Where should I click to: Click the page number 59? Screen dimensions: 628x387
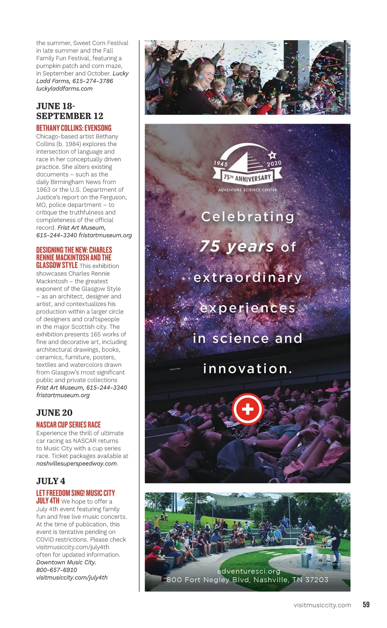coord(366,604)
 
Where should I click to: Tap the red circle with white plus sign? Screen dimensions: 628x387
coord(248,409)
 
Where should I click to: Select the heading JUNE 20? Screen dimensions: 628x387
coord(54,412)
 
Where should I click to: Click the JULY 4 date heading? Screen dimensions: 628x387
coord(51,481)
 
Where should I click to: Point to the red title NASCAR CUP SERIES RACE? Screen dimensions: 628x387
coord(68,425)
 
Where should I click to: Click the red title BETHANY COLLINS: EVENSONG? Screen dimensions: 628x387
coord(74,128)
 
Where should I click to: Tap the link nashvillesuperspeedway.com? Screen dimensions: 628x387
coord(76,464)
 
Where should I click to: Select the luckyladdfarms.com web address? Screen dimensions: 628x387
coord(64,89)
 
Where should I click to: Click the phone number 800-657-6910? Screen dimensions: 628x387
coord(56,570)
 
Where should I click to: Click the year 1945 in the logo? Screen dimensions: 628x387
coord(221,163)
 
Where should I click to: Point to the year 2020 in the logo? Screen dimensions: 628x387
coord(274,163)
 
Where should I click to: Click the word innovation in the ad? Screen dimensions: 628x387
coord(247,369)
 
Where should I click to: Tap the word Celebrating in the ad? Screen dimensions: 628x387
coord(247,217)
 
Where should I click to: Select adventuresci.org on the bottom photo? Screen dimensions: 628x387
coord(249,571)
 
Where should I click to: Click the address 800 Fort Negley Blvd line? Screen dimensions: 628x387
coord(247,580)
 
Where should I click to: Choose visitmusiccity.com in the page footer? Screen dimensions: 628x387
coord(322,605)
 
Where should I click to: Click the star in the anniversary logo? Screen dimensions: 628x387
coord(273,155)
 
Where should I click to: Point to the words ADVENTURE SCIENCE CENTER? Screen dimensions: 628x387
coord(247,190)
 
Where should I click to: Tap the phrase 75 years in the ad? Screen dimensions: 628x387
coord(237,247)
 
